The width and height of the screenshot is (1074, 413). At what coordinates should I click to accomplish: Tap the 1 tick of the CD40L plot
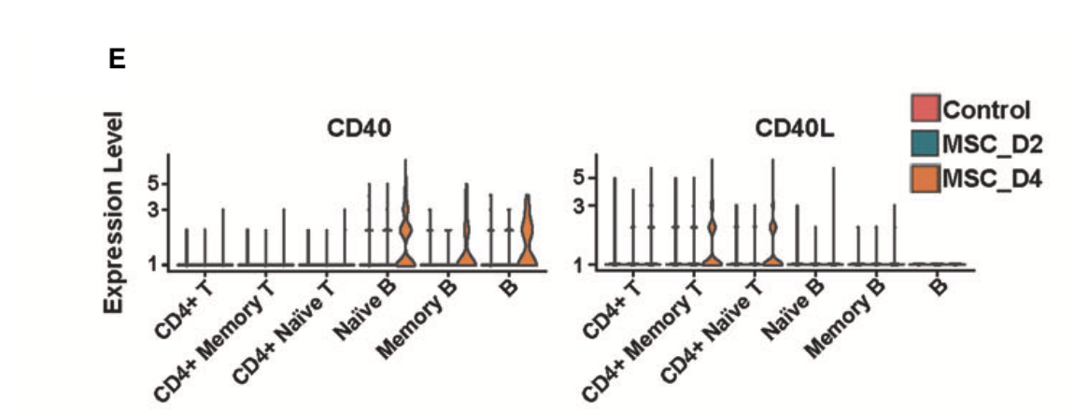click(579, 264)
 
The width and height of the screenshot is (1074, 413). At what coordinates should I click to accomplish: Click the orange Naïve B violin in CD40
click(405, 234)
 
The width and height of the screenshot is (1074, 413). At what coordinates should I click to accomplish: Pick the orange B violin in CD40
click(527, 234)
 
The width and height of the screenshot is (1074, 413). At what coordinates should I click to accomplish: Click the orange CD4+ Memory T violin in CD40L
click(712, 238)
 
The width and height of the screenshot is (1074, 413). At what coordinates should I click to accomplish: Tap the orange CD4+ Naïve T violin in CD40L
click(772, 238)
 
